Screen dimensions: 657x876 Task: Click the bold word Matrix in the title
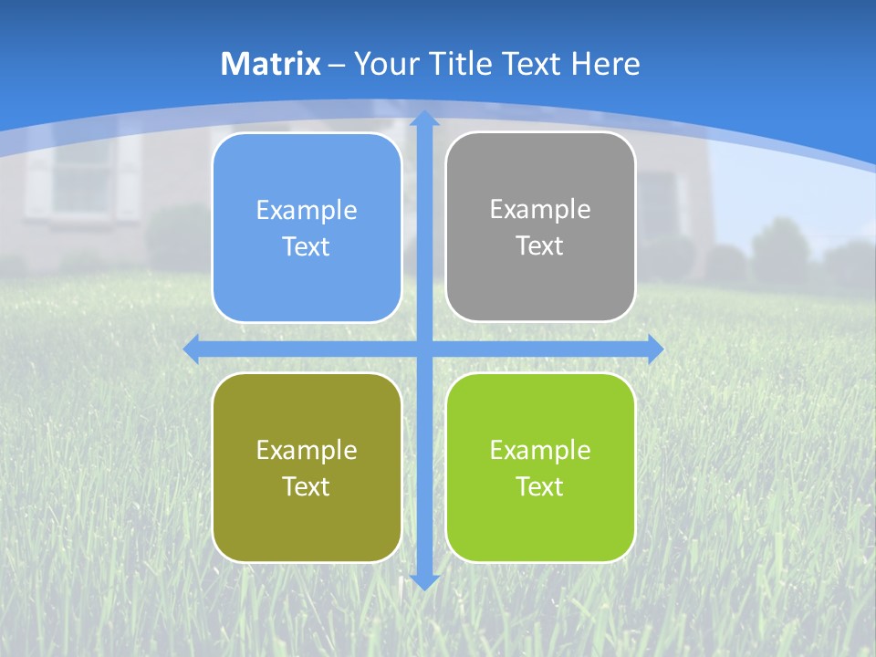[x=271, y=64]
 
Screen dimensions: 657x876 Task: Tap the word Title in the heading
[x=464, y=64]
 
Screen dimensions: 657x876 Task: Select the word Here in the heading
[x=605, y=64]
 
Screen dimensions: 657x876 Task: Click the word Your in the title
[x=383, y=64]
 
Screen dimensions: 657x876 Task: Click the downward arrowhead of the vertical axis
[x=424, y=581]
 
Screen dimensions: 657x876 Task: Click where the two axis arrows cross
[x=424, y=349]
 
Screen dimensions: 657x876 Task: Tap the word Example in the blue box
[x=307, y=211]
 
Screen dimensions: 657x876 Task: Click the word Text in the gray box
[x=540, y=246]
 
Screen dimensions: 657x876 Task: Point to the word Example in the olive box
[x=307, y=450]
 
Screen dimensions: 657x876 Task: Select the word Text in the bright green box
[x=540, y=487]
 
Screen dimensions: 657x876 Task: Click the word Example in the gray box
[x=540, y=210]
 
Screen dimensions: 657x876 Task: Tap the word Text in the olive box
[x=307, y=487]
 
